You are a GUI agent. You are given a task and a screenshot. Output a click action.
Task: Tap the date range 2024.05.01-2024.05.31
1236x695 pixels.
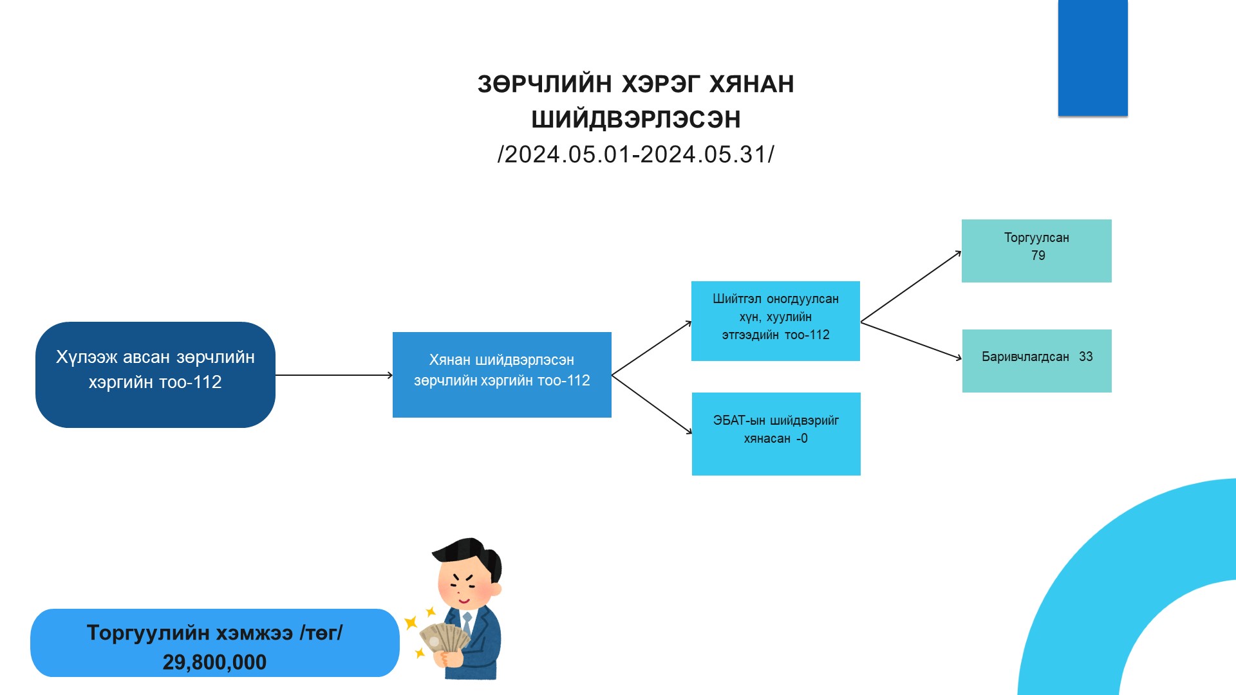pyautogui.click(x=635, y=154)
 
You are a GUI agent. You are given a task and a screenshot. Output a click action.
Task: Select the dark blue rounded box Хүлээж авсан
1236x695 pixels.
pyautogui.click(x=155, y=375)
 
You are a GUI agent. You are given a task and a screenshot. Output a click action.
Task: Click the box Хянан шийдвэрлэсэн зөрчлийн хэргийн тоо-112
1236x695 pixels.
pyautogui.click(x=501, y=375)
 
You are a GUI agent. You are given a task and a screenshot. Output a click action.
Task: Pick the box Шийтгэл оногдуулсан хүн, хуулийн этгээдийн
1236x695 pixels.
pyautogui.click(x=775, y=320)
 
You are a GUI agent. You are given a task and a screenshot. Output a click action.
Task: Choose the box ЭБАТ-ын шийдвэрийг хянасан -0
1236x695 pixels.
pyautogui.click(x=776, y=434)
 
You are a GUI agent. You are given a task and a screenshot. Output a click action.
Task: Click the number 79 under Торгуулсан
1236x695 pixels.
pyautogui.click(x=1038, y=256)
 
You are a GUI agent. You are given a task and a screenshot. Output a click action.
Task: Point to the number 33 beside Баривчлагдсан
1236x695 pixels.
pyautogui.click(x=1085, y=357)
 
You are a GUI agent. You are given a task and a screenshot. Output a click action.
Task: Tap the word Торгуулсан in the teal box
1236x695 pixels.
pyautogui.click(x=1036, y=237)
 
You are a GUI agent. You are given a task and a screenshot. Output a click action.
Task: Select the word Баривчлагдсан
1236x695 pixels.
pyautogui.click(x=1025, y=357)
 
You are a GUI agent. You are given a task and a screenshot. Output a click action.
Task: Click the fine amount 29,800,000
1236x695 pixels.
pyautogui.click(x=214, y=662)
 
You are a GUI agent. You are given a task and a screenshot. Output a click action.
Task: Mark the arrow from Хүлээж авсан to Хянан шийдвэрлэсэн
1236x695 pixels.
pyautogui.click(x=333, y=375)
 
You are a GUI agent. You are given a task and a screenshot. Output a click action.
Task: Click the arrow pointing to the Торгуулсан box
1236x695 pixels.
pyautogui.click(x=910, y=287)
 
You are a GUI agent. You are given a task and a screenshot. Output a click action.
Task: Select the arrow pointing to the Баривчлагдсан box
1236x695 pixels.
pyautogui.click(x=910, y=340)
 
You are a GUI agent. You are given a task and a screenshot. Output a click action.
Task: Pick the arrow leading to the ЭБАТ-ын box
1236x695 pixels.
pyautogui.click(x=651, y=404)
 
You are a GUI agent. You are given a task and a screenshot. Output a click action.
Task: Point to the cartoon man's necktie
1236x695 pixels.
pyautogui.click(x=467, y=624)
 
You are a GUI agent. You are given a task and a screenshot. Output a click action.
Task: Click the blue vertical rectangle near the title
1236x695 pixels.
pyautogui.click(x=1092, y=58)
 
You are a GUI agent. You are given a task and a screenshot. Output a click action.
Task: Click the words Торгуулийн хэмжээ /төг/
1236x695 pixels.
pyautogui.click(x=214, y=633)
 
